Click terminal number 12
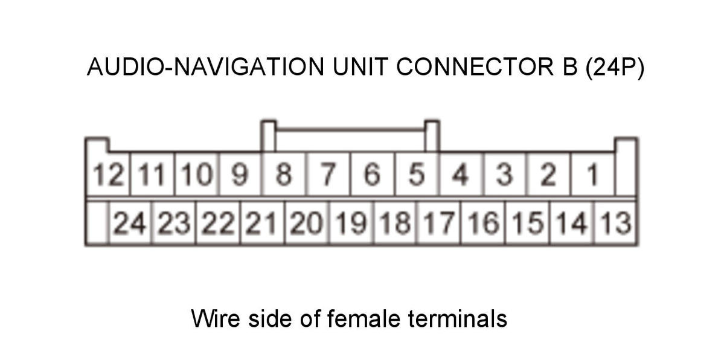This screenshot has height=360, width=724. (x=108, y=175)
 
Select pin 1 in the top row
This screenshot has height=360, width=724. (x=593, y=175)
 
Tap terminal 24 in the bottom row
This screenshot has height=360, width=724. (x=130, y=223)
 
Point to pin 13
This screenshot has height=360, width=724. (x=616, y=223)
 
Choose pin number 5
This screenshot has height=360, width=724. (x=417, y=175)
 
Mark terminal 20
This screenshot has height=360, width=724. (x=307, y=223)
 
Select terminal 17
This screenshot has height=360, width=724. (x=439, y=223)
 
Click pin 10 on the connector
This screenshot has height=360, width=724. (x=197, y=175)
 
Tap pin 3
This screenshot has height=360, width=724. (x=505, y=175)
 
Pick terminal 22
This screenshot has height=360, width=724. (x=219, y=223)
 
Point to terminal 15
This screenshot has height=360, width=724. (x=528, y=223)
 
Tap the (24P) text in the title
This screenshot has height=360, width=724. (x=615, y=68)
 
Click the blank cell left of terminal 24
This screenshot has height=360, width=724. (x=97, y=223)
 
